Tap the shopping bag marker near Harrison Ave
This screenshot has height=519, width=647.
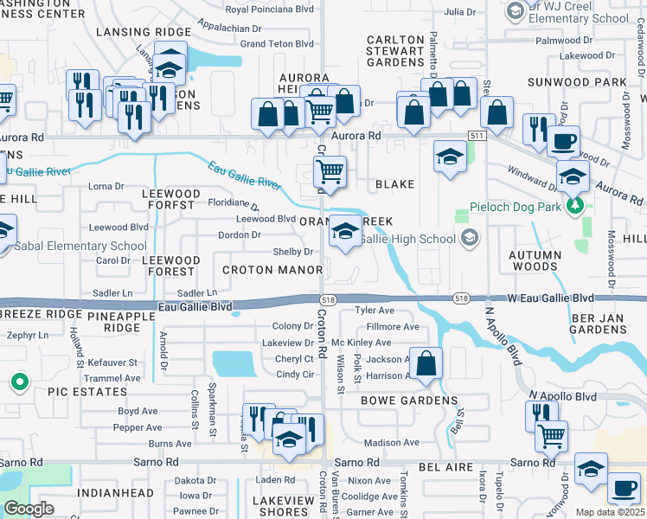click(426, 364)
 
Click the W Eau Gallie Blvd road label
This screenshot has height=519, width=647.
click(557, 298)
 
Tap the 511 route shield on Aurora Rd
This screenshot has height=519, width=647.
click(477, 137)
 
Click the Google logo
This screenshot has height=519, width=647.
click(29, 509)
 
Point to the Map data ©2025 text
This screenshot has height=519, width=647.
click(610, 512)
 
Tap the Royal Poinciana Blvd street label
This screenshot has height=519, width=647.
click(269, 10)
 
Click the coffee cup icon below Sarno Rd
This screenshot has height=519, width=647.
click(623, 489)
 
